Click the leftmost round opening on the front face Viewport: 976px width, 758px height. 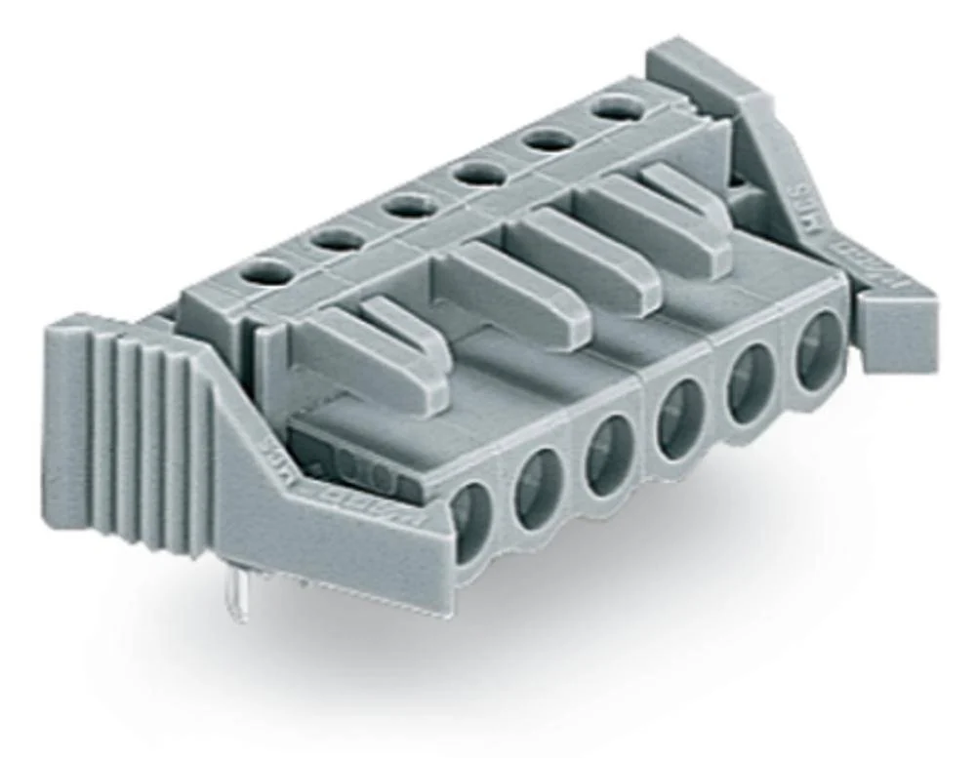click(472, 513)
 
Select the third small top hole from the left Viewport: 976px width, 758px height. click(408, 205)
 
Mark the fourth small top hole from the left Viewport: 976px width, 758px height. click(479, 172)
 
